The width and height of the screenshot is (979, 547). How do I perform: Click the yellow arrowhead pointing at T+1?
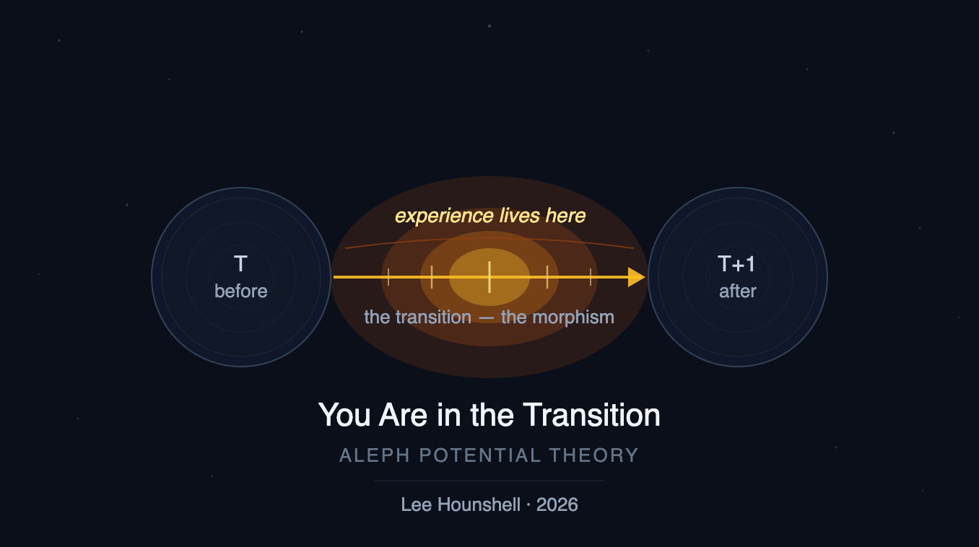(637, 277)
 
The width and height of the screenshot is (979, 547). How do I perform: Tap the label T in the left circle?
(241, 264)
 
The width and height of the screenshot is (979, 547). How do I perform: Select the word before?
(241, 291)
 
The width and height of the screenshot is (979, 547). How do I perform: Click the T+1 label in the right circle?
(736, 264)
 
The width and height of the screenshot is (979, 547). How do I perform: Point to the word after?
(737, 291)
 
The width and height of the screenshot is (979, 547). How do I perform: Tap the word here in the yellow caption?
(565, 215)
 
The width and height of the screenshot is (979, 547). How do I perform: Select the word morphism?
(573, 318)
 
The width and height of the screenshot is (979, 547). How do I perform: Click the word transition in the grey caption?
(434, 318)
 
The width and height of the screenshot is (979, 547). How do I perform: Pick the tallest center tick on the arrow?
(489, 277)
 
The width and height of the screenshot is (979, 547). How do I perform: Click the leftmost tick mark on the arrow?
(388, 277)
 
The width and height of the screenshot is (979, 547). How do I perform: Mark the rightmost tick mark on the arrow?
(591, 277)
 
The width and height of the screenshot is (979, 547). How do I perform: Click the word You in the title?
(344, 415)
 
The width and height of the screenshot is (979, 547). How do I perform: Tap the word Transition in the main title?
(591, 415)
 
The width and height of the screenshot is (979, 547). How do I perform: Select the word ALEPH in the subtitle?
(375, 455)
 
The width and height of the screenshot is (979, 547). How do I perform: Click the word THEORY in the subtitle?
(594, 455)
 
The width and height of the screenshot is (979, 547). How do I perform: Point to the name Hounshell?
(479, 504)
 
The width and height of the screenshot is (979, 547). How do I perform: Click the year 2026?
(557, 504)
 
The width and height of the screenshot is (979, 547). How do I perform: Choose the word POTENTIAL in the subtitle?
(480, 455)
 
